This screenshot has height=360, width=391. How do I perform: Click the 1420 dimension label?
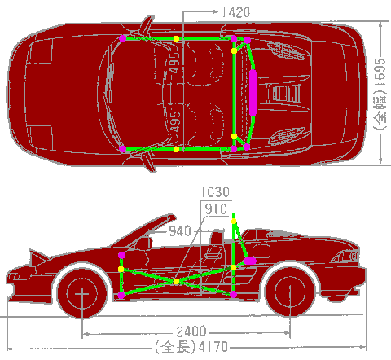[x=236, y=12]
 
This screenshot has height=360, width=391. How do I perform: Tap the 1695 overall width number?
[x=380, y=69]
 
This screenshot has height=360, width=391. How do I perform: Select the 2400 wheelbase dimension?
[x=191, y=331]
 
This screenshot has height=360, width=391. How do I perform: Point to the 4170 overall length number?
[x=213, y=347]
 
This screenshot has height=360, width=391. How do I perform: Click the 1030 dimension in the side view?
[x=216, y=192]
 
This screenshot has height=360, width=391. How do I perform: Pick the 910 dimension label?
[x=216, y=209]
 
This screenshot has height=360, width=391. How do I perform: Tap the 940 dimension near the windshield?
[x=180, y=231]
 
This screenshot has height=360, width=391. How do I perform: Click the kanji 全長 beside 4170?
[x=176, y=347]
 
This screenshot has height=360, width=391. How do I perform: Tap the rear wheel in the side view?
[x=290, y=292]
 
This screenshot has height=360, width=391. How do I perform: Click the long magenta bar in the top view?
[x=253, y=93]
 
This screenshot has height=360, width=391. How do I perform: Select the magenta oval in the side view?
[x=250, y=261]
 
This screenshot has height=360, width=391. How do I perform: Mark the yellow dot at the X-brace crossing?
[x=176, y=281]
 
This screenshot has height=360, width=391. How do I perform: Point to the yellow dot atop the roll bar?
[x=234, y=222]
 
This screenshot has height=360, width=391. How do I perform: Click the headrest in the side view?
[x=217, y=237]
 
